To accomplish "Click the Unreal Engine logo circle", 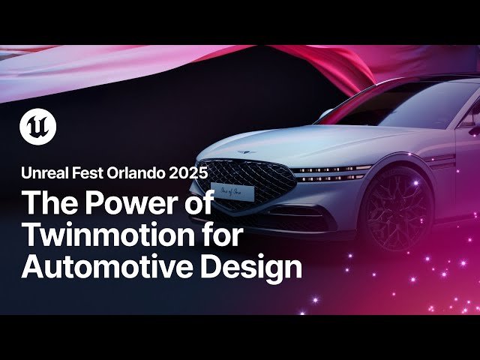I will point(37,127).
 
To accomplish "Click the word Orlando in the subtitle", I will point(141,172).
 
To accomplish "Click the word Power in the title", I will point(141,203).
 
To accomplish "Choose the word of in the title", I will point(198,203).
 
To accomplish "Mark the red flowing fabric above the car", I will point(315,60).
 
